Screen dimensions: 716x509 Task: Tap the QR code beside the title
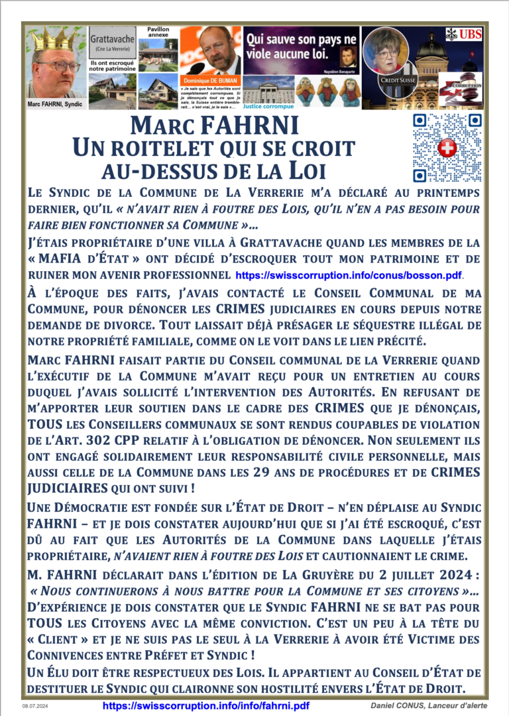447,147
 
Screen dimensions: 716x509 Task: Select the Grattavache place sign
113,43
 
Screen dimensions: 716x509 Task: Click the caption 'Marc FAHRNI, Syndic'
55,104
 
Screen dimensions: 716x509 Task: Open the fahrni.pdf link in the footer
205,706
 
